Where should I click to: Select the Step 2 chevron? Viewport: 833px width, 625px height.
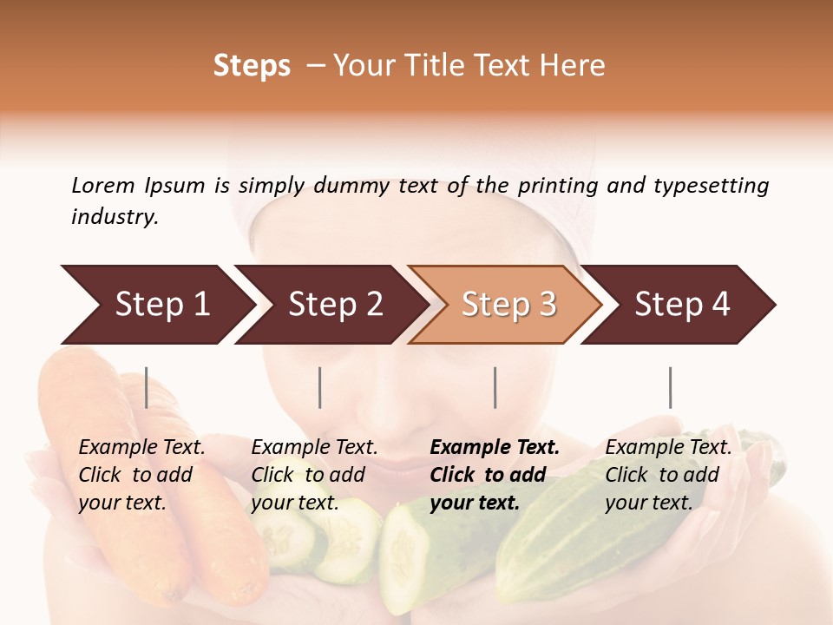coord(335,305)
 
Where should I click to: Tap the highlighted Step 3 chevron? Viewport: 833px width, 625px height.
coord(508,305)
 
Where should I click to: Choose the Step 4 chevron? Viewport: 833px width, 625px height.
coord(682,305)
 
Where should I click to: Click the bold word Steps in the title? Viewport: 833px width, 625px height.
coord(252,66)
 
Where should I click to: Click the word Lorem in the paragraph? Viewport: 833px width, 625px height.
coord(103,185)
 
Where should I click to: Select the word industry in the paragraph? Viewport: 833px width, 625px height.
coord(115,217)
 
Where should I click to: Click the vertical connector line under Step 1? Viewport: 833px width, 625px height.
coord(147,387)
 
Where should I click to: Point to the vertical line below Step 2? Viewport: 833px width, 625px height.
coord(320,387)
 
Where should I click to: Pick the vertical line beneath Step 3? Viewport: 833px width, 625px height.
coord(495,387)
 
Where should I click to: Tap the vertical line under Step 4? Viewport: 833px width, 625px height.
coord(671,387)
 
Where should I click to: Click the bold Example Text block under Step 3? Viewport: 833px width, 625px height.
coord(495,475)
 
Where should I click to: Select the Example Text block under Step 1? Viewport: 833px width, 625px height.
coord(141,475)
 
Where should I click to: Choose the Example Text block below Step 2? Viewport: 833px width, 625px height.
coord(314,475)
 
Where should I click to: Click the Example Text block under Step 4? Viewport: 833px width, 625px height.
coord(668,475)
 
